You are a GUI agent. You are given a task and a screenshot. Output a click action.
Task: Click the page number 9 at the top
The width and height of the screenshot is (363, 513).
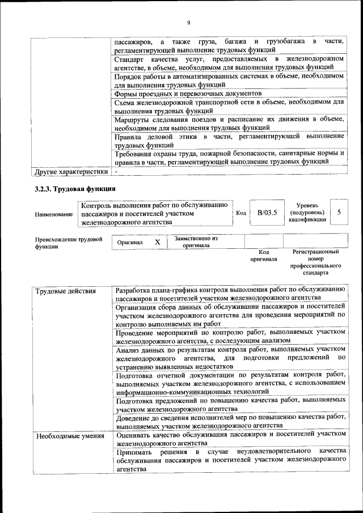[x=188, y=23]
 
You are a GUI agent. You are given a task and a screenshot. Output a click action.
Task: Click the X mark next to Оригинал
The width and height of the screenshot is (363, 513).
[x=158, y=242]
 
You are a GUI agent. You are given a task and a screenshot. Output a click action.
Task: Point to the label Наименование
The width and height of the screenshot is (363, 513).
[x=54, y=214]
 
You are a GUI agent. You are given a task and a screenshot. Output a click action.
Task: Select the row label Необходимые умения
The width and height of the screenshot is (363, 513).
[x=70, y=436]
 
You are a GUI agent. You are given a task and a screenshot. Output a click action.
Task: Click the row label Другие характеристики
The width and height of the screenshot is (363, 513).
[x=71, y=171]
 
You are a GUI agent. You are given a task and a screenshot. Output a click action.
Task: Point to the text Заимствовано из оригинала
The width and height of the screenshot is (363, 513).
[x=196, y=242]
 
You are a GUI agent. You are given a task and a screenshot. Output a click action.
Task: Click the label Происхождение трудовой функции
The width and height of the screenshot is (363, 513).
[x=68, y=243]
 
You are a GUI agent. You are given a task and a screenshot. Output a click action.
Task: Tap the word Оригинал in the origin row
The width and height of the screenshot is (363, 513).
[x=130, y=242]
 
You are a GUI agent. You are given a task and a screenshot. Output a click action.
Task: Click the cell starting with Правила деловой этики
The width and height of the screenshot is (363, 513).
[x=229, y=141]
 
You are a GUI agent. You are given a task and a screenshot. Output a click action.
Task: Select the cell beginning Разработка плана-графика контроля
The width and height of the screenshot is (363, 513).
[x=229, y=293]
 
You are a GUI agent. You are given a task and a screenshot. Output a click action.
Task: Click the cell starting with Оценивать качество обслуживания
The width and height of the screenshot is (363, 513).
[x=229, y=438]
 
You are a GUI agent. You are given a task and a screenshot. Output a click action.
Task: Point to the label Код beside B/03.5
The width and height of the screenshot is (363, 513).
[x=241, y=213]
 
